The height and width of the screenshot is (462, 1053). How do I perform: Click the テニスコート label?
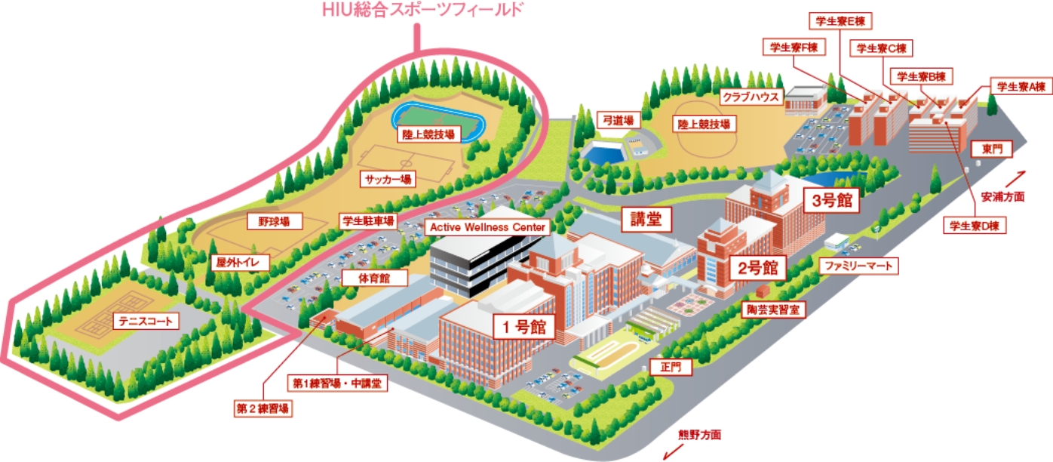pos(146,322)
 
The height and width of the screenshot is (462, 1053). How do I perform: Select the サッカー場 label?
pos(388,180)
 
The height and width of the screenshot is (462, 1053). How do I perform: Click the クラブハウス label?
pos(749,97)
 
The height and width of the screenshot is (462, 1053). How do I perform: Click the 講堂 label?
pos(646,219)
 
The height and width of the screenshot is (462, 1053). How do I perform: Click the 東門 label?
pos(992,149)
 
